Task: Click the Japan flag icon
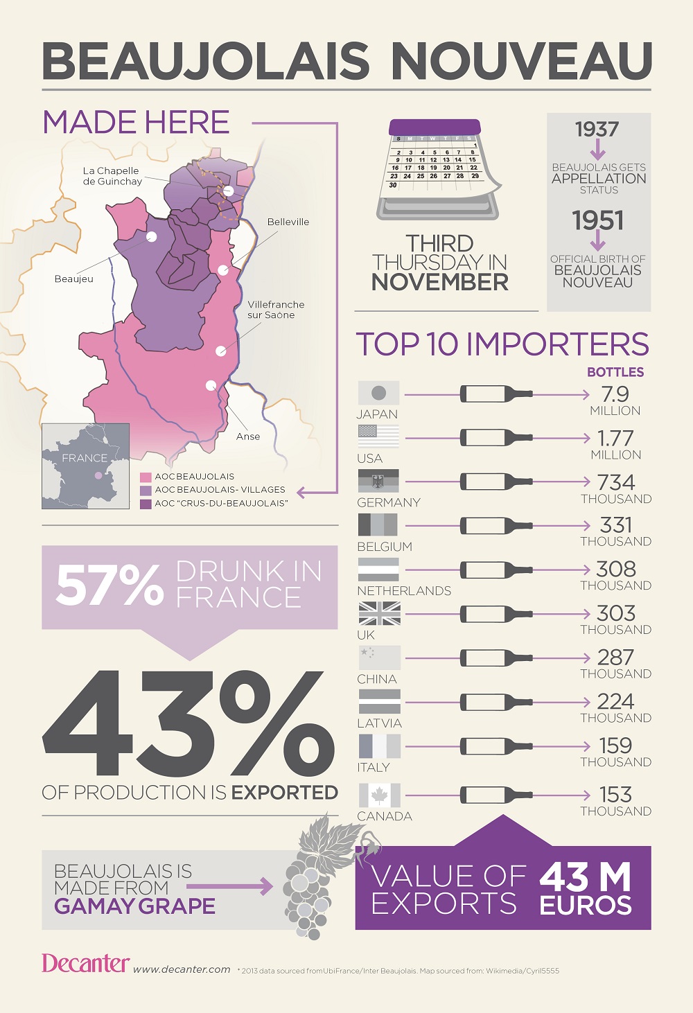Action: pos(378,393)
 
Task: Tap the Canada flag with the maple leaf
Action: pos(379,795)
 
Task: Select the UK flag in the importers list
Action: pos(379,613)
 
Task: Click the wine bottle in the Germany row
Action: pos(496,482)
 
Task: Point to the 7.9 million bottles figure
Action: pos(615,394)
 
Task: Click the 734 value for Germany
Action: pos(615,482)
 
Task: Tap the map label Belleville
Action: pos(288,222)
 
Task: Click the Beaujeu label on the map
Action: pos(73,279)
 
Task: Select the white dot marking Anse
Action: pos(211,385)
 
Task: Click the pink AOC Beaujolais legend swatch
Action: pos(146,477)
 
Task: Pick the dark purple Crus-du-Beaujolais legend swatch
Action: pos(146,504)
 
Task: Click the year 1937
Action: pos(597,130)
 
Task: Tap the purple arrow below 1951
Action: pos(598,240)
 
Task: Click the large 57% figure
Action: pos(109,585)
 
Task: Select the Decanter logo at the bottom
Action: pos(85,963)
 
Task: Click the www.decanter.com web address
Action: pos(182,969)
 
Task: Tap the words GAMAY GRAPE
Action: pos(134,906)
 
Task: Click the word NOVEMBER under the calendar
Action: pos(439,282)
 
